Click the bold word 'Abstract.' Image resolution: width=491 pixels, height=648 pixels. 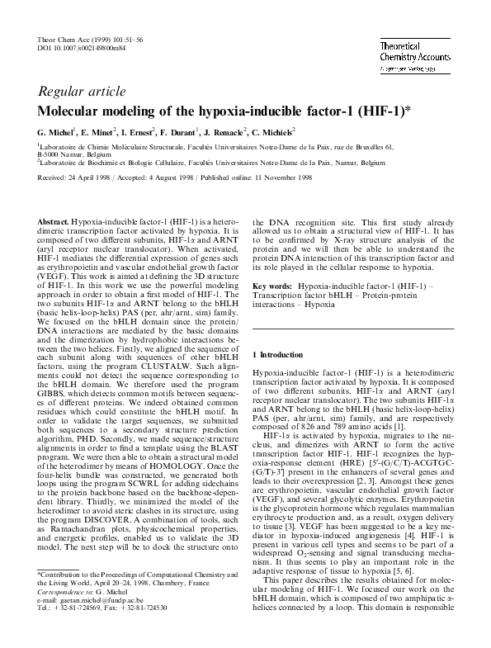point(54,224)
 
